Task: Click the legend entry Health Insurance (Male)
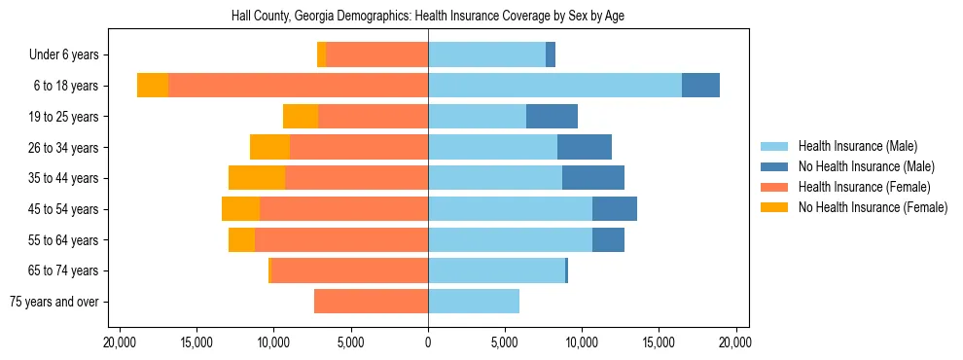pos(857,146)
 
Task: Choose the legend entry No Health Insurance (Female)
pos(873,207)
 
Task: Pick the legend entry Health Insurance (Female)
pos(864,187)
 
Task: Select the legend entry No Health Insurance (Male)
pos(866,166)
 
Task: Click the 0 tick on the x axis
pos(428,342)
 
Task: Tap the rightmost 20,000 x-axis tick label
pos(735,342)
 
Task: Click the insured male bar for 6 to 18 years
pos(554,86)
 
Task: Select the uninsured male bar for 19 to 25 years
pos(552,117)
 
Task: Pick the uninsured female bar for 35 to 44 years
pos(257,178)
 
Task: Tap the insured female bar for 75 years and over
pos(371,302)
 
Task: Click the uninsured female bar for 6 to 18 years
pos(153,86)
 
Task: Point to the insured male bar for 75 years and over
pos(474,302)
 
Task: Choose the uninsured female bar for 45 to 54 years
pos(240,209)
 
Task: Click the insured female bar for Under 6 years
pos(377,55)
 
